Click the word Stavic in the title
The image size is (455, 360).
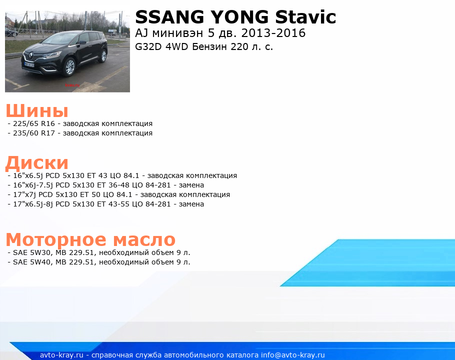(305, 17)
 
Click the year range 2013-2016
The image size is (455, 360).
(273, 33)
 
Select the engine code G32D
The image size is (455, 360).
(148, 46)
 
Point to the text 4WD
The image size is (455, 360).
(176, 46)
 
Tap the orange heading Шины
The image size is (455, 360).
(37, 110)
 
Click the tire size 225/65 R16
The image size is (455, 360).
(34, 123)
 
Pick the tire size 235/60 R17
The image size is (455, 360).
(34, 133)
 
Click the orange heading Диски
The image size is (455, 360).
(37, 162)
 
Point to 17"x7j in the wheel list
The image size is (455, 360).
(24, 194)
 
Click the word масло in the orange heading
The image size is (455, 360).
(144, 239)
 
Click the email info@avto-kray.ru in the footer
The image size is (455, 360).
(293, 355)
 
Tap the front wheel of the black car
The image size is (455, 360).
(69, 66)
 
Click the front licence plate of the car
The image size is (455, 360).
(29, 64)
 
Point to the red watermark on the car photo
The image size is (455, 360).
(72, 85)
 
